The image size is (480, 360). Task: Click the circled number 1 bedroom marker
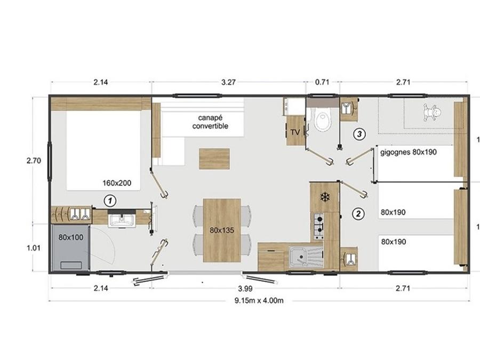tap(110, 201)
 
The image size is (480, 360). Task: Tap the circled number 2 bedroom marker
tap(358, 214)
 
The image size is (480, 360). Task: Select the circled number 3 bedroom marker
tap(359, 134)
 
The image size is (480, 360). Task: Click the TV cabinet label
tap(295, 132)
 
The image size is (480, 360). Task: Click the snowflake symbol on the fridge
tap(324, 197)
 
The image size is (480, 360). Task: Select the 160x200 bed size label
tap(117, 183)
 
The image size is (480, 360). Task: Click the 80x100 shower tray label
tap(71, 237)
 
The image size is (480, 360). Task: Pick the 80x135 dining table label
tap(222, 230)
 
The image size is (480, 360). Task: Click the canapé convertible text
tap(210, 122)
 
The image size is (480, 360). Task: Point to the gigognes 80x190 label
tap(409, 152)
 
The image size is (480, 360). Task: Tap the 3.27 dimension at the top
tap(228, 82)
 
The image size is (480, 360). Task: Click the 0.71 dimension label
tap(322, 82)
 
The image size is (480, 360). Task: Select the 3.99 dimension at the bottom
tap(245, 289)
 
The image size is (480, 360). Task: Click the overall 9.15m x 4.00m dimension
tap(259, 301)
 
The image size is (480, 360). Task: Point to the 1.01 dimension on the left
tap(34, 248)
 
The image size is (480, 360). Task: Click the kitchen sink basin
tap(297, 257)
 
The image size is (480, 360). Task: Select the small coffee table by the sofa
tap(214, 158)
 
